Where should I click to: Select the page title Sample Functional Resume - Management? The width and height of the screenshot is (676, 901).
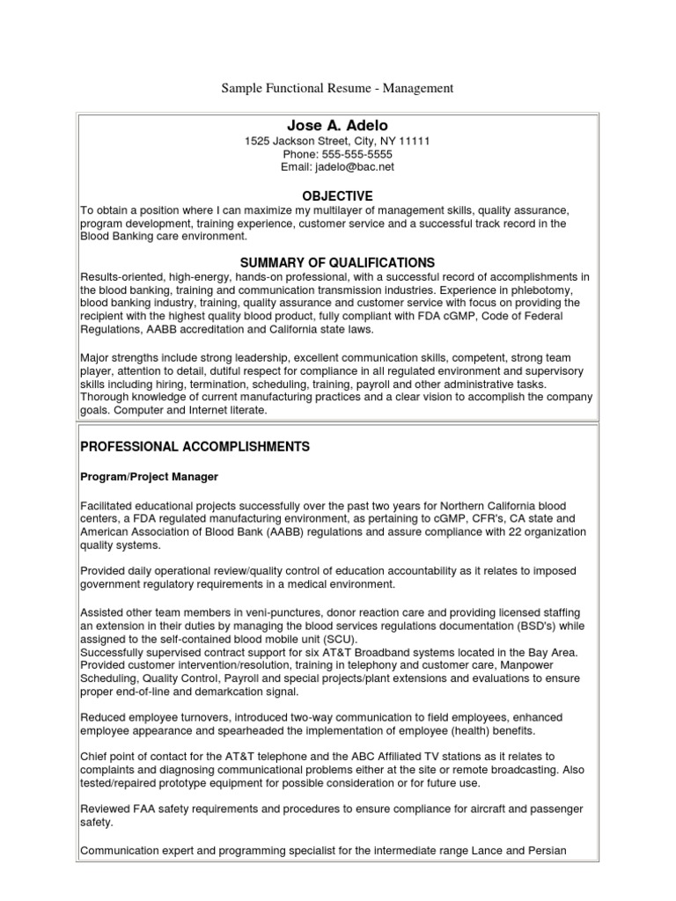(337, 88)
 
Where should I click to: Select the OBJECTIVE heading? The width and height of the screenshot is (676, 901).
(337, 196)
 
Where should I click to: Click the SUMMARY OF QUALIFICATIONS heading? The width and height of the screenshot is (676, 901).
(337, 262)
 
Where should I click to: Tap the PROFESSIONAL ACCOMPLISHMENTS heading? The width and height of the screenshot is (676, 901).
(195, 447)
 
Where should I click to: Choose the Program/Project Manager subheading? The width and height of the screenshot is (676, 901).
(150, 477)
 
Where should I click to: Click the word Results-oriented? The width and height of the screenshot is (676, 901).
(121, 277)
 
